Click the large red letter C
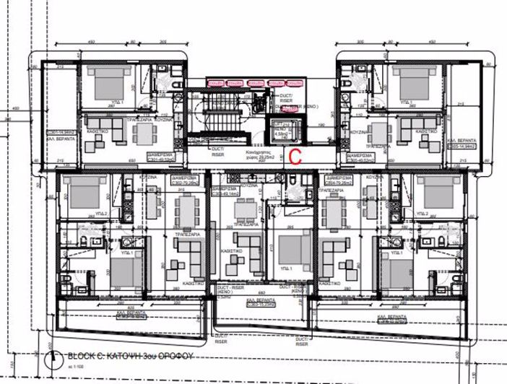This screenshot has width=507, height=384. (295, 154)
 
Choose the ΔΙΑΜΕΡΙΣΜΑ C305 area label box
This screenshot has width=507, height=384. (359, 157)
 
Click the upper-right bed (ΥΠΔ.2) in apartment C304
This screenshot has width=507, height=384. (438, 193)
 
